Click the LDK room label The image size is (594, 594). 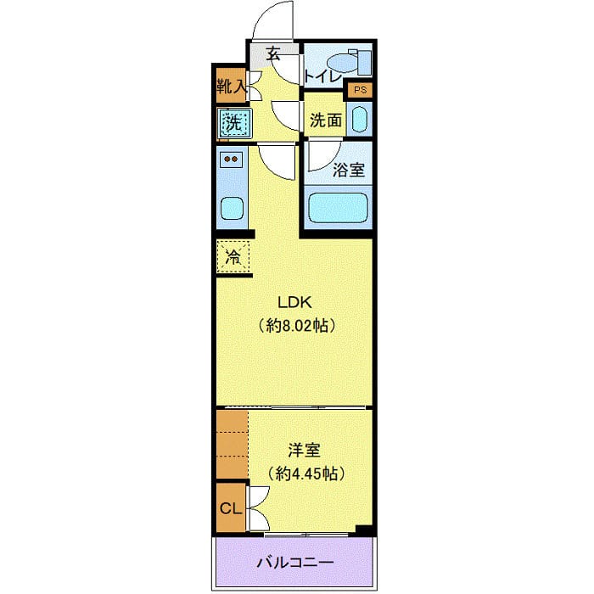(294, 301)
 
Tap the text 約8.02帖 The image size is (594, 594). (294, 325)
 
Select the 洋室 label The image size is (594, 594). (303, 451)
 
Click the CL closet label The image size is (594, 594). (230, 509)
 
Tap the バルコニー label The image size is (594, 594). (294, 563)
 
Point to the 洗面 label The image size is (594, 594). (326, 120)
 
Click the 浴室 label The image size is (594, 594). (349, 169)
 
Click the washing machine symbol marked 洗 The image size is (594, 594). (232, 124)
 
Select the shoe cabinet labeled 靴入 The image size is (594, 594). (230, 86)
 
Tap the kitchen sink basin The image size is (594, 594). (231, 208)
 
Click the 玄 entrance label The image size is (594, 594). (273, 53)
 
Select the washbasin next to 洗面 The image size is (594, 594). (360, 120)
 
